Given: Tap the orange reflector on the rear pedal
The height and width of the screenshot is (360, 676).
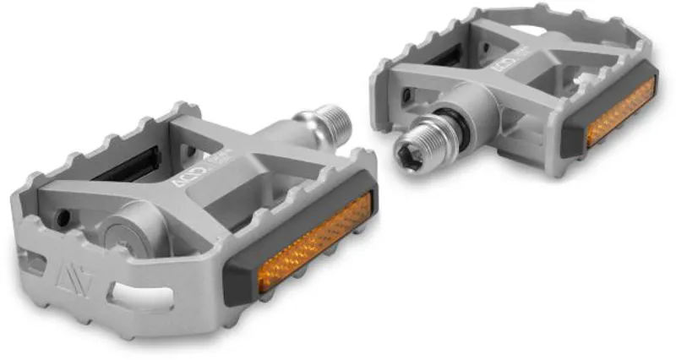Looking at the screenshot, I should pos(621,112).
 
